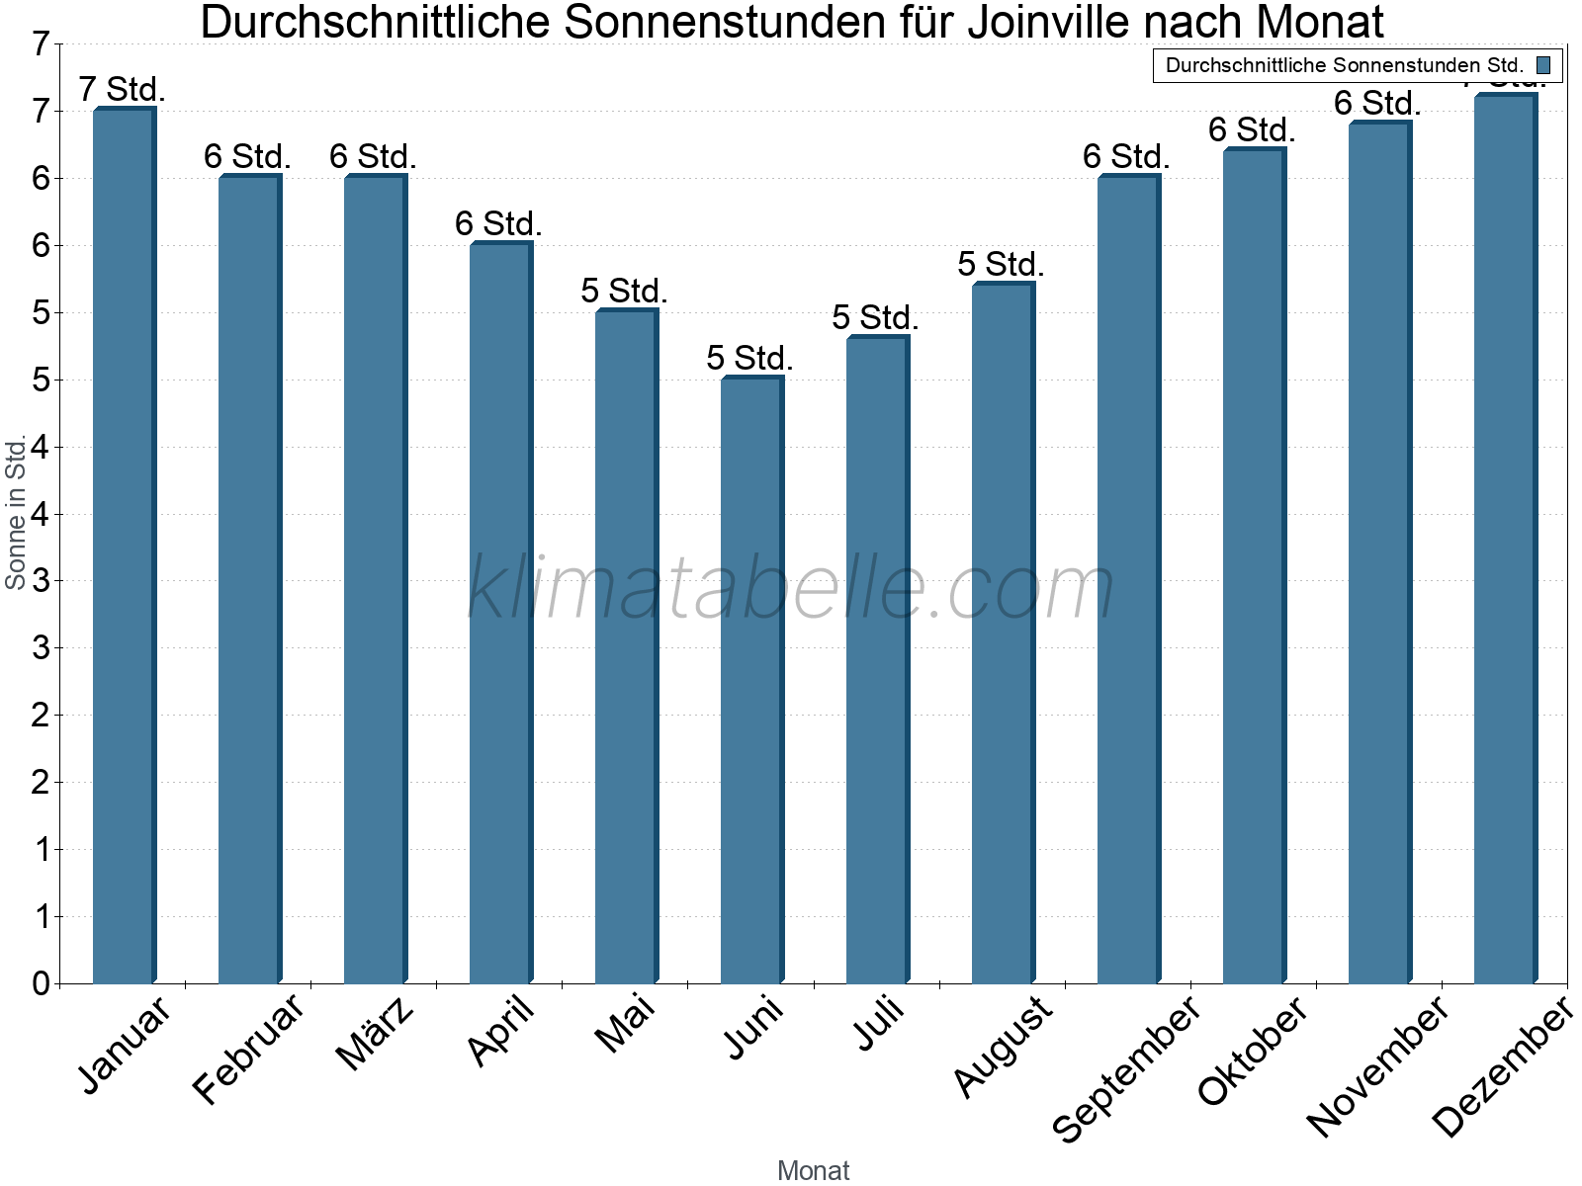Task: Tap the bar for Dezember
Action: (1505, 539)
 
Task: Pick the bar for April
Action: (500, 613)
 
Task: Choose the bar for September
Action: (1128, 578)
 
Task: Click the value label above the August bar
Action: (1001, 265)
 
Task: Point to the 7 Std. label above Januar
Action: (122, 90)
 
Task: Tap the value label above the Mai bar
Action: (624, 292)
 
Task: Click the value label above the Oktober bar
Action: (1252, 130)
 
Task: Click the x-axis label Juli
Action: (879, 1024)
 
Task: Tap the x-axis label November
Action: (1378, 1065)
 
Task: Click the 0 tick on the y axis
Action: (41, 983)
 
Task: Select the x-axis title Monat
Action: (813, 1170)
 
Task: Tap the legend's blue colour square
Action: (1543, 65)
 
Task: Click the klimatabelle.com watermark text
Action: (791, 588)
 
